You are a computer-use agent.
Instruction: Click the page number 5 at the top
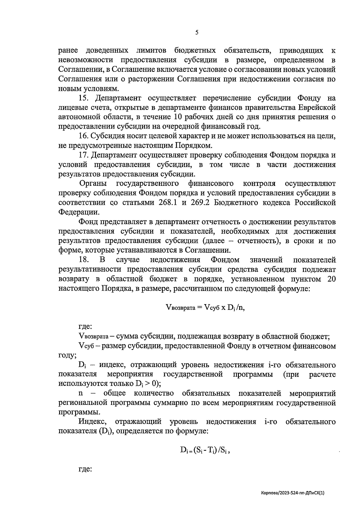pos(197,33)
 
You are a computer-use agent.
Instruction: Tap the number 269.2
pos(201,202)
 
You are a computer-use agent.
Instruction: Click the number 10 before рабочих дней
pos(178,117)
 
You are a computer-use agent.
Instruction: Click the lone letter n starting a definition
pos(81,394)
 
